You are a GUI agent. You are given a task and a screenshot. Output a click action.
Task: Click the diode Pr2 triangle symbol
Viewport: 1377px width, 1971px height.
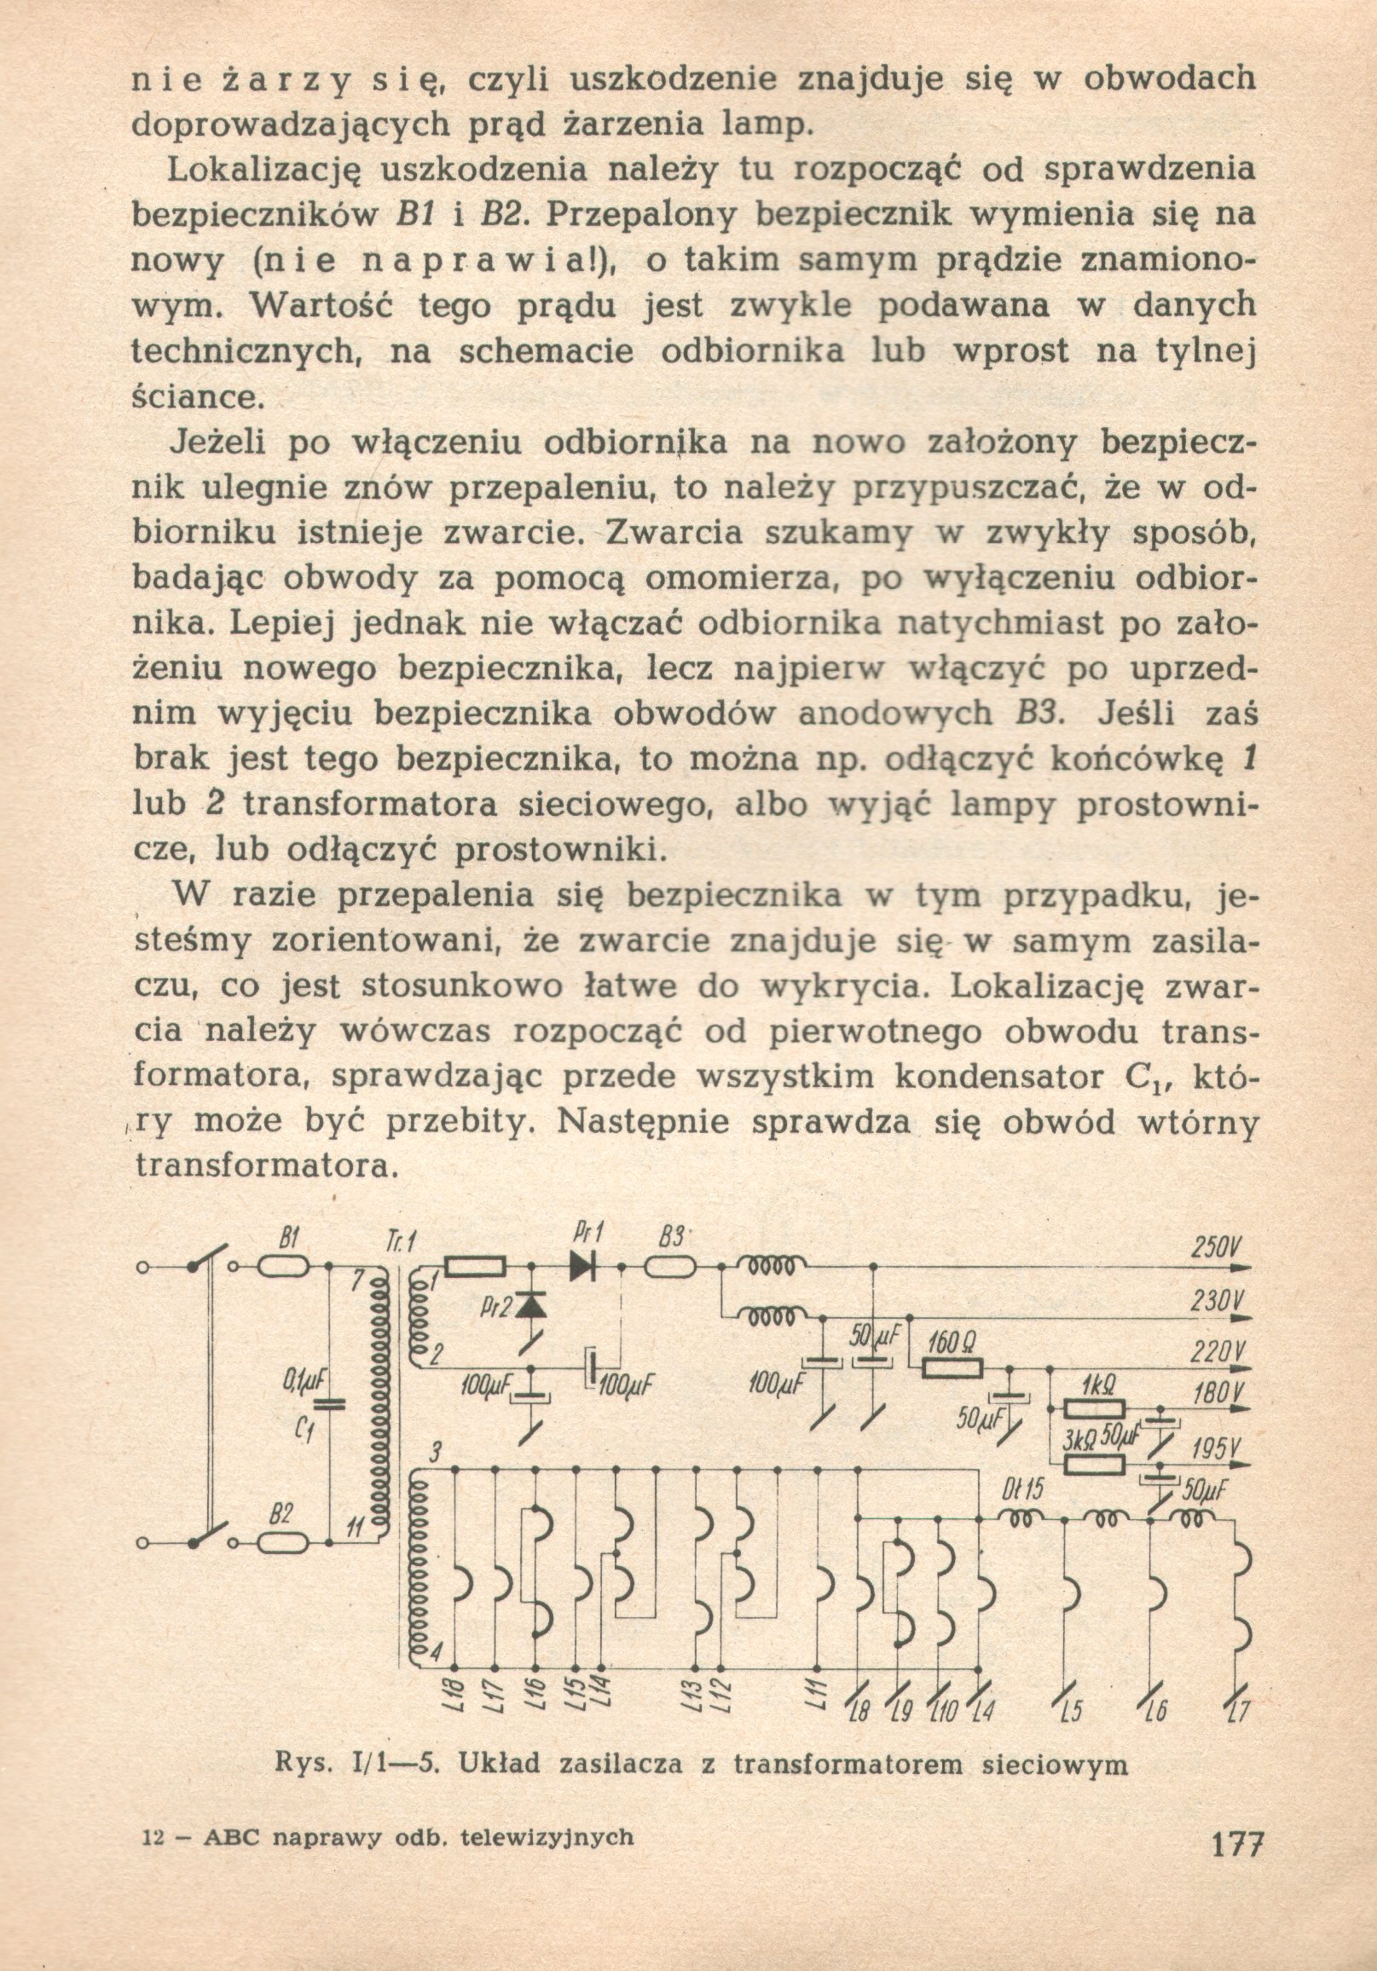tap(533, 1306)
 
